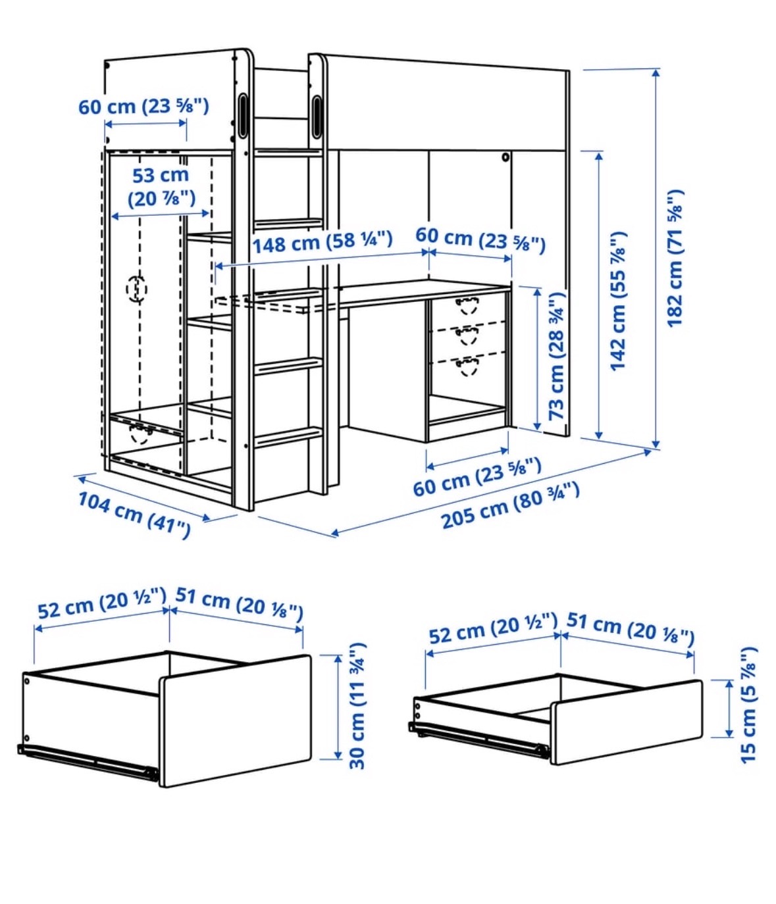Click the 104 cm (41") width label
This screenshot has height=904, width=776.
[134, 515]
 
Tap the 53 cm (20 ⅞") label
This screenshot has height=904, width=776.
[161, 187]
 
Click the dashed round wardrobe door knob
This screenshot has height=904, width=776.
[136, 289]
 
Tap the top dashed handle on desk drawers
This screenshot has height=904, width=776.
[467, 306]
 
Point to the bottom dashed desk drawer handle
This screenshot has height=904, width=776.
[467, 366]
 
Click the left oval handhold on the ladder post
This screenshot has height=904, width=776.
[242, 116]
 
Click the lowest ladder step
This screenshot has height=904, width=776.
[288, 437]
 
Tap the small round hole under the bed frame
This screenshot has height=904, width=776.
[505, 157]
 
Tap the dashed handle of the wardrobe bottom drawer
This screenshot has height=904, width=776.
[140, 434]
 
